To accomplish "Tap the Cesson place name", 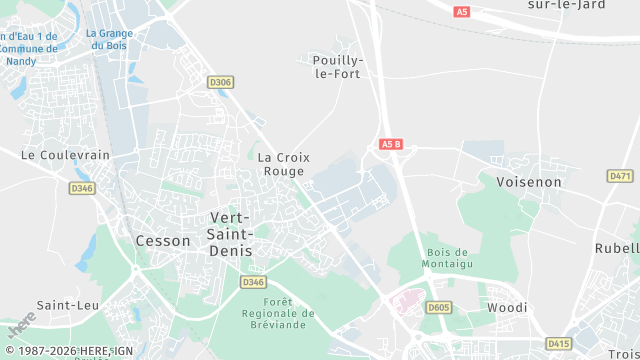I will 162,241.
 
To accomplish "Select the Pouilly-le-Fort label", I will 338,66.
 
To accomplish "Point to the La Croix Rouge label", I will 284,164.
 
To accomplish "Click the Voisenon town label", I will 528,183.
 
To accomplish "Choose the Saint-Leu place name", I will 66,305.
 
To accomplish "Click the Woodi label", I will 507,308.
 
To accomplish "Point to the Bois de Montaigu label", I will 447,258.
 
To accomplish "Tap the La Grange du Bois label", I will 109,39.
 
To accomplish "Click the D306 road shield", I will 220,82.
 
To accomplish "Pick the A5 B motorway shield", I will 391,144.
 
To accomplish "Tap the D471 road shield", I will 620,176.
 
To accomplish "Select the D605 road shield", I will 438,308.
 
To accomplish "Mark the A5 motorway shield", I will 461,12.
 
